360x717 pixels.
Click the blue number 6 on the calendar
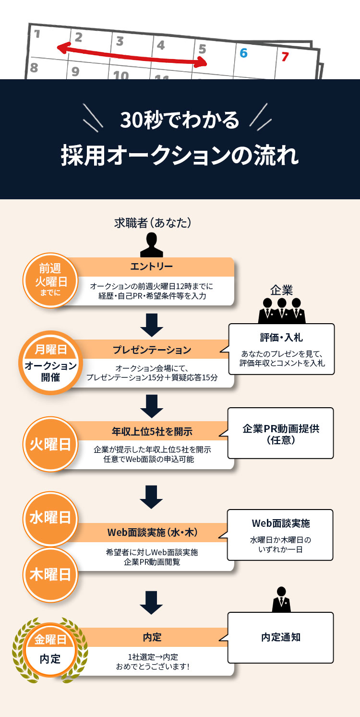(x=243, y=53)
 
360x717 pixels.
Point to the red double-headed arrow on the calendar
(x=132, y=55)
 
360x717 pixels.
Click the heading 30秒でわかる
(x=180, y=120)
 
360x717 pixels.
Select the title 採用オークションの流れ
(x=180, y=156)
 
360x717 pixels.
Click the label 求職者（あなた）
(x=153, y=222)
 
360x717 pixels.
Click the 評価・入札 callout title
(x=281, y=338)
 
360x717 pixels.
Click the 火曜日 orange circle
(x=50, y=444)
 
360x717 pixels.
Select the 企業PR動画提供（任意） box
(x=280, y=434)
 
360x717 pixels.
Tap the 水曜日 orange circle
(x=50, y=518)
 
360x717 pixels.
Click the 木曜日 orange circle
(x=50, y=574)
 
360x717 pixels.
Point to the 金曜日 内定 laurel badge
(x=50, y=649)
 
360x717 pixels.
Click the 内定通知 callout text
(x=281, y=637)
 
